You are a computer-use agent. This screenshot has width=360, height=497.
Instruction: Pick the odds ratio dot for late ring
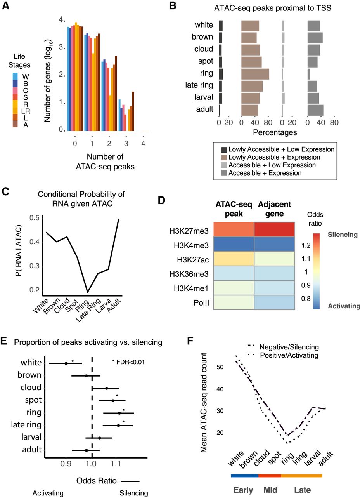pos(118,426)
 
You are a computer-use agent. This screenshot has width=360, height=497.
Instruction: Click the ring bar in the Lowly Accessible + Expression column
pos(255,74)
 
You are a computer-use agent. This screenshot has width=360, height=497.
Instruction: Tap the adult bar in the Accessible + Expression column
pos(315,110)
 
